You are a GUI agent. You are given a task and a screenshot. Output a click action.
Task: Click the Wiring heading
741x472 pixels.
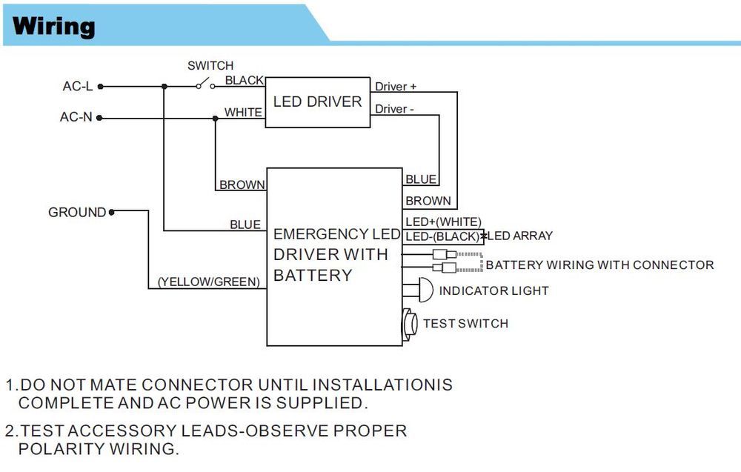click(54, 27)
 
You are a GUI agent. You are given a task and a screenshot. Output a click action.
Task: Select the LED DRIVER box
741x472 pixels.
click(317, 102)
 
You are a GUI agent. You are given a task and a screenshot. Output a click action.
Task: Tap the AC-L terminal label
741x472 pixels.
click(77, 87)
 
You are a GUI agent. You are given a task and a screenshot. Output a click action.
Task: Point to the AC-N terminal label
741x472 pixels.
click(76, 117)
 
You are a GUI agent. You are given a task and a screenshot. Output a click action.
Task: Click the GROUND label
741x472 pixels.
click(77, 213)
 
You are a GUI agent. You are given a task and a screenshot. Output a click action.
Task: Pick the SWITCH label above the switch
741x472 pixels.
click(210, 66)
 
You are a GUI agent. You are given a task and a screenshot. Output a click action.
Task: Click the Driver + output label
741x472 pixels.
click(396, 87)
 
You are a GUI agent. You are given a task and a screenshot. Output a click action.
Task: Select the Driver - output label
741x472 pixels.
click(394, 109)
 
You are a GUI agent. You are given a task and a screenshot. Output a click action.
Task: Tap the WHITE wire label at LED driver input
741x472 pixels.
click(244, 113)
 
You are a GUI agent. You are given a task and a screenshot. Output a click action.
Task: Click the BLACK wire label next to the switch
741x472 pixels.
click(245, 80)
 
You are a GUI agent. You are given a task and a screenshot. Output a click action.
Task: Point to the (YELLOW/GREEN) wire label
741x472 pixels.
click(208, 282)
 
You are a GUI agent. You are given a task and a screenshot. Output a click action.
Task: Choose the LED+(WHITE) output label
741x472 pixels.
click(443, 222)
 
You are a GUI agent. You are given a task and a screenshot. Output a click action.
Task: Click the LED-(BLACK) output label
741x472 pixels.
click(442, 236)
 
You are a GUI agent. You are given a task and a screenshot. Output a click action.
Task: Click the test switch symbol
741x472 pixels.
click(410, 324)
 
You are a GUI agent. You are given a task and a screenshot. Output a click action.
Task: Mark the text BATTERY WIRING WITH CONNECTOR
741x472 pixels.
click(599, 265)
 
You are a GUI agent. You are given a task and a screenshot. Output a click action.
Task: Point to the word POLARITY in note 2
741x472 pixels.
click(62, 449)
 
